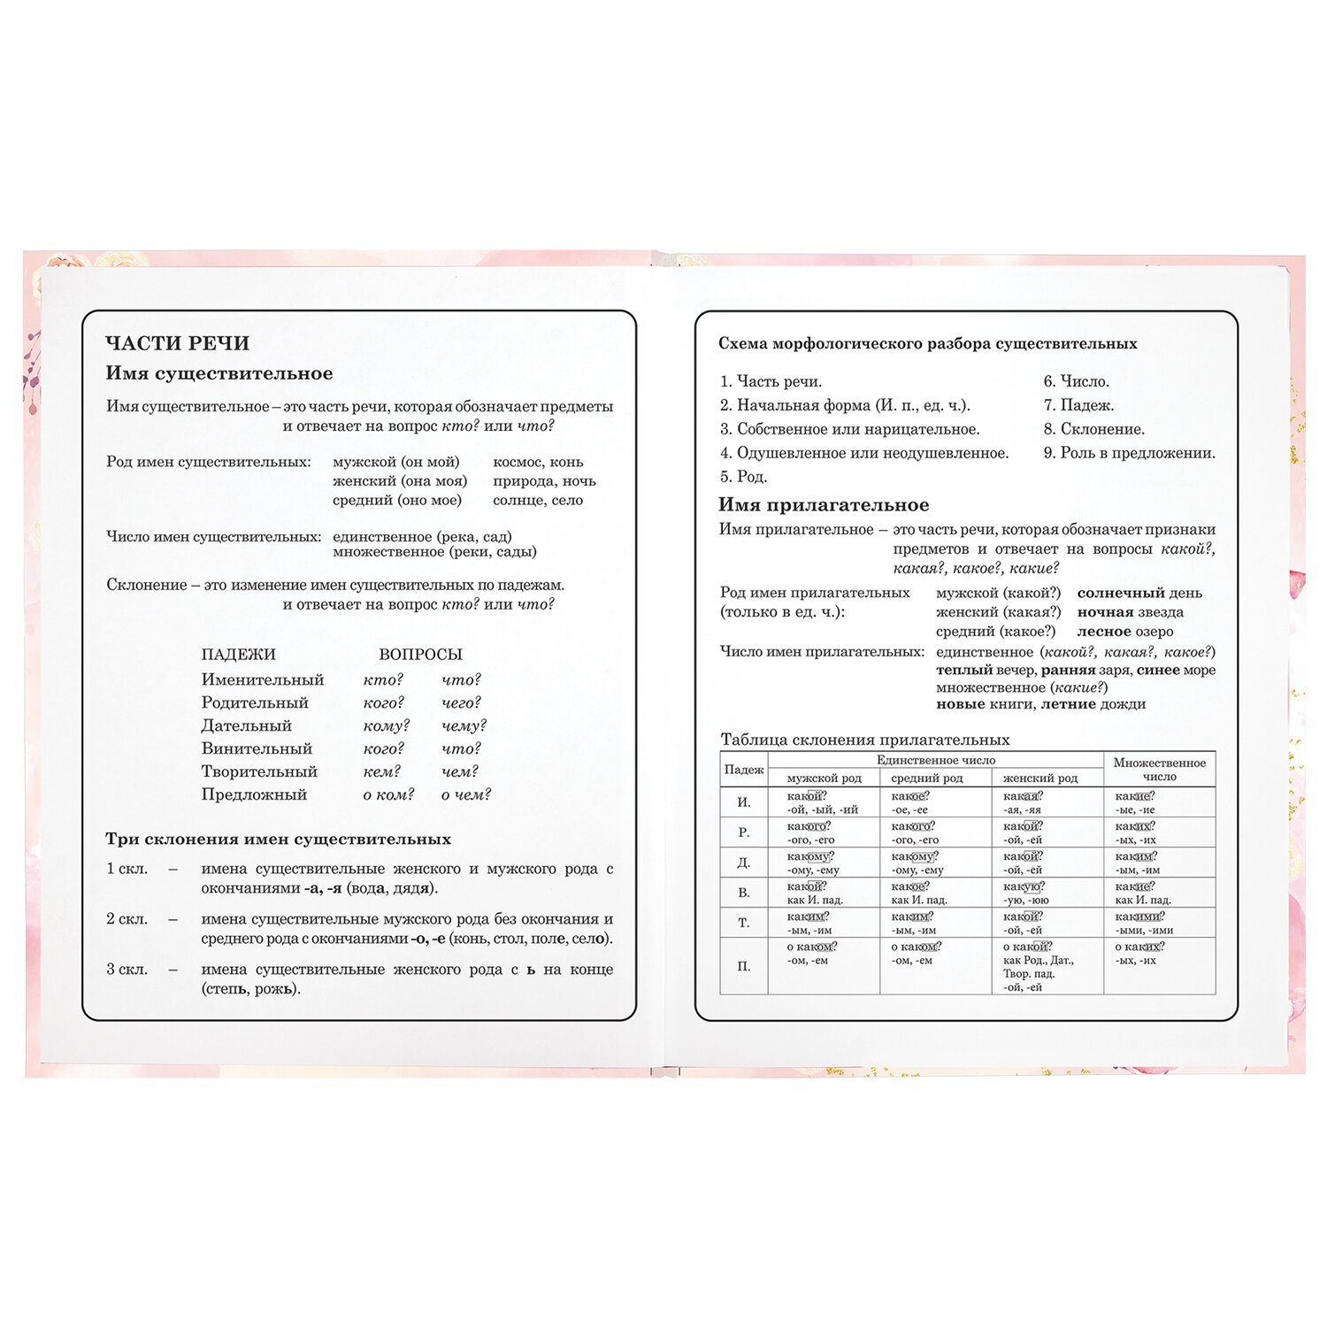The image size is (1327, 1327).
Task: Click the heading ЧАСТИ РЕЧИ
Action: pyautogui.click(x=177, y=343)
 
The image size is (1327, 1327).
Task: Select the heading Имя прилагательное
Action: pyautogui.click(x=824, y=505)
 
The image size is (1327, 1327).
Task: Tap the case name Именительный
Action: pyautogui.click(x=263, y=680)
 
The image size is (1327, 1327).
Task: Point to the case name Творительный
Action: pyautogui.click(x=259, y=771)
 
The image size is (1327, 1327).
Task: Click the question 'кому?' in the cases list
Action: pyautogui.click(x=387, y=726)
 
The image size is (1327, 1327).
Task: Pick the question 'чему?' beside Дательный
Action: pyautogui.click(x=464, y=726)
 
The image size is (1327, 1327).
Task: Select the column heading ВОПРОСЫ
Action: pyautogui.click(x=420, y=655)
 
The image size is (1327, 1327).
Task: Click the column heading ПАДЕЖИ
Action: pyautogui.click(x=238, y=655)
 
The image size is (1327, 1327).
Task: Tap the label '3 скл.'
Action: pyautogui.click(x=127, y=970)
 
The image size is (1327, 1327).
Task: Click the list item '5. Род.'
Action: pyautogui.click(x=743, y=477)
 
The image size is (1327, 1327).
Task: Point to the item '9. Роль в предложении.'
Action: pyautogui.click(x=1129, y=453)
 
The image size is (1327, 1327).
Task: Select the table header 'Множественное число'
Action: pyautogui.click(x=1159, y=770)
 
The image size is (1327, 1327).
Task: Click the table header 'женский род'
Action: pyautogui.click(x=1039, y=779)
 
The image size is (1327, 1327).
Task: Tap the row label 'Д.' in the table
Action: pyautogui.click(x=744, y=863)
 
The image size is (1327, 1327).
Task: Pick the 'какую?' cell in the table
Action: pyautogui.click(x=1024, y=886)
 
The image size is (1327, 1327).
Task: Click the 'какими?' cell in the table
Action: pyautogui.click(x=1139, y=917)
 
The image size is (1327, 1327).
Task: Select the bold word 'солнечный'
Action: pyautogui.click(x=1121, y=594)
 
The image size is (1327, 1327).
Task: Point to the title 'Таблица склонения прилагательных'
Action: pyautogui.click(x=864, y=740)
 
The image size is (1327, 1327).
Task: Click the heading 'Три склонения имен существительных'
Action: pyautogui.click(x=278, y=840)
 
